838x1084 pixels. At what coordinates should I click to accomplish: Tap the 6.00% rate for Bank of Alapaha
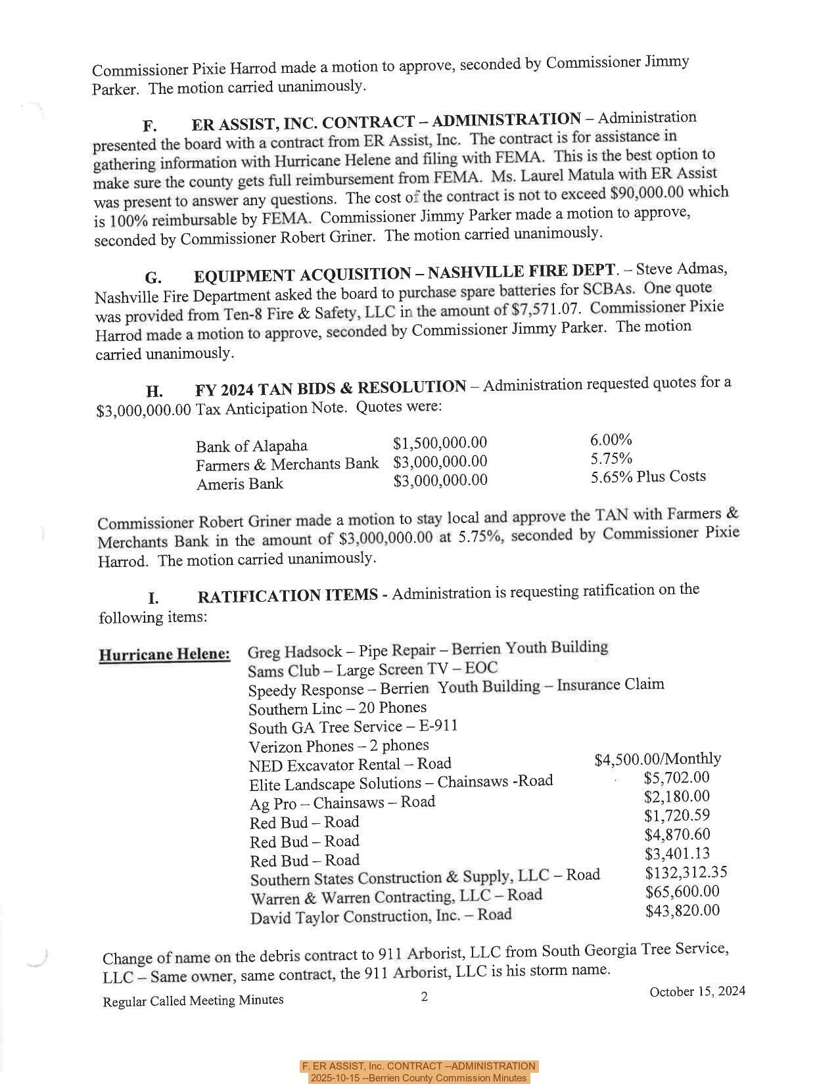point(611,440)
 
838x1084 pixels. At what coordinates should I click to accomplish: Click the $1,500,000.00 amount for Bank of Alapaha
point(440,443)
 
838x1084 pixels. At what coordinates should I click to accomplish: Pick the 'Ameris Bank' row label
point(239,485)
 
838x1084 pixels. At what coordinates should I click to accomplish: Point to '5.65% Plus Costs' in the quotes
point(647,477)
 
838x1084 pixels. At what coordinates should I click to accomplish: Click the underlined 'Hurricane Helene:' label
point(164,654)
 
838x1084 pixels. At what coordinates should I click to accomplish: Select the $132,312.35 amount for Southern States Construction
point(686,872)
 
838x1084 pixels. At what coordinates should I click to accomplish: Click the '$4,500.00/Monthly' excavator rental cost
point(657,759)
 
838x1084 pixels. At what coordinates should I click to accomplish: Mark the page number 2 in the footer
point(425,997)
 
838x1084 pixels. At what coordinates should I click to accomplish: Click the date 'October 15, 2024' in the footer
point(697,991)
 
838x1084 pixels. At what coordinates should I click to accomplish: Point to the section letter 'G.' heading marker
point(153,277)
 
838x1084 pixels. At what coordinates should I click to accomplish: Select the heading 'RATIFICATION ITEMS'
point(287,597)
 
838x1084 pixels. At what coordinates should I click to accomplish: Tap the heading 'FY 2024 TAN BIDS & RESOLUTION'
point(330,388)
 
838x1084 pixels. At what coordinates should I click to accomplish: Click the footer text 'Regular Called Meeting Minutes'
point(193,1001)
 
